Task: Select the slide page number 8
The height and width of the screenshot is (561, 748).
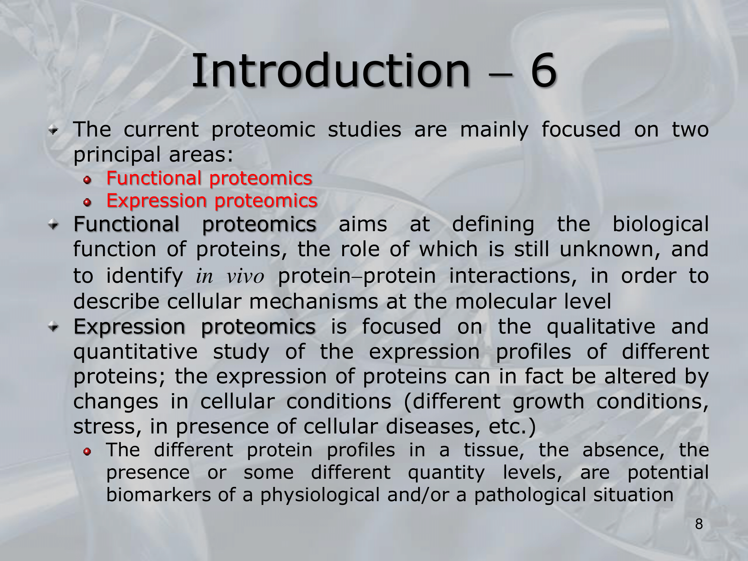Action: pyautogui.click(x=699, y=524)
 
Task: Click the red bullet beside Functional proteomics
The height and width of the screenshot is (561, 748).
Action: pyautogui.click(x=87, y=180)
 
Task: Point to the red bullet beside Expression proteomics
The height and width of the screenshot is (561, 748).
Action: pyautogui.click(x=87, y=203)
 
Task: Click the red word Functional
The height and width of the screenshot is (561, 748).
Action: pyautogui.click(x=154, y=178)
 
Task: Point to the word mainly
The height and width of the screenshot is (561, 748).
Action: pyautogui.click(x=494, y=130)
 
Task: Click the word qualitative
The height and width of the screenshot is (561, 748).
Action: pyautogui.click(x=601, y=327)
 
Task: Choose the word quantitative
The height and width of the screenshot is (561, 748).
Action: pyautogui.click(x=135, y=352)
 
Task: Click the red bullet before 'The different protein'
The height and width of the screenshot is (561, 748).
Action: pyautogui.click(x=87, y=452)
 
